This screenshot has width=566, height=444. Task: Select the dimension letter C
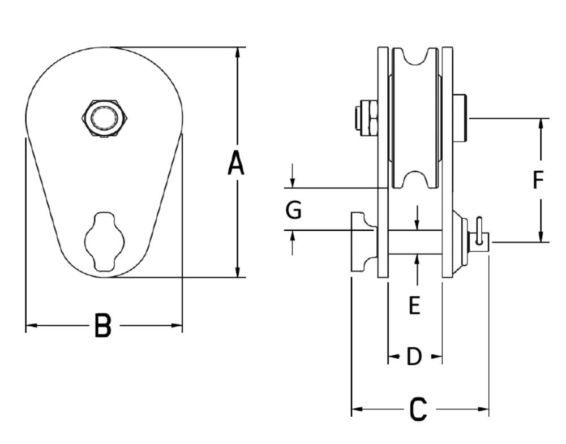[x=418, y=409]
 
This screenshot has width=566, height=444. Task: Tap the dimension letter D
[x=414, y=357]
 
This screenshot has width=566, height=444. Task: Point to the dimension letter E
[x=414, y=306]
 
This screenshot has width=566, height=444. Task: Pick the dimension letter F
[x=538, y=180]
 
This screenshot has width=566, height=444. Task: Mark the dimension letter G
[x=293, y=210]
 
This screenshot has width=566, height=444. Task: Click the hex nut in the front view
[x=105, y=119]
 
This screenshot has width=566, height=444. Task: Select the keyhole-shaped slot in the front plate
[x=104, y=242]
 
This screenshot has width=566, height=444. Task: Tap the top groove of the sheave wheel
[x=415, y=58]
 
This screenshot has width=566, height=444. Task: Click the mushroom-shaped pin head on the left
[x=362, y=242]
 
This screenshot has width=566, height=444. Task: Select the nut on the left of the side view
[x=366, y=118]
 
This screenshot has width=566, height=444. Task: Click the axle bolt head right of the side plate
[x=460, y=118]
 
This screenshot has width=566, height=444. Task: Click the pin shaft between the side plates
[x=415, y=242]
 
